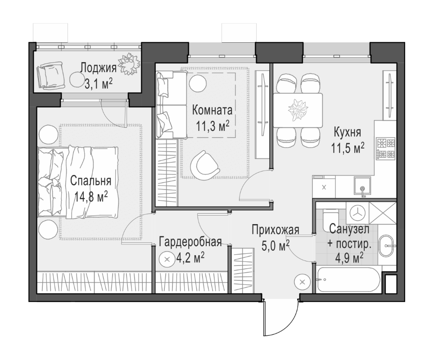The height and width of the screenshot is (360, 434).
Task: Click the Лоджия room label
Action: tap(98, 68)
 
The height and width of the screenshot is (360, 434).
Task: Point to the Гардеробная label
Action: tap(190, 242)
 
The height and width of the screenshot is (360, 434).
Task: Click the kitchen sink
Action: tap(362, 185)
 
